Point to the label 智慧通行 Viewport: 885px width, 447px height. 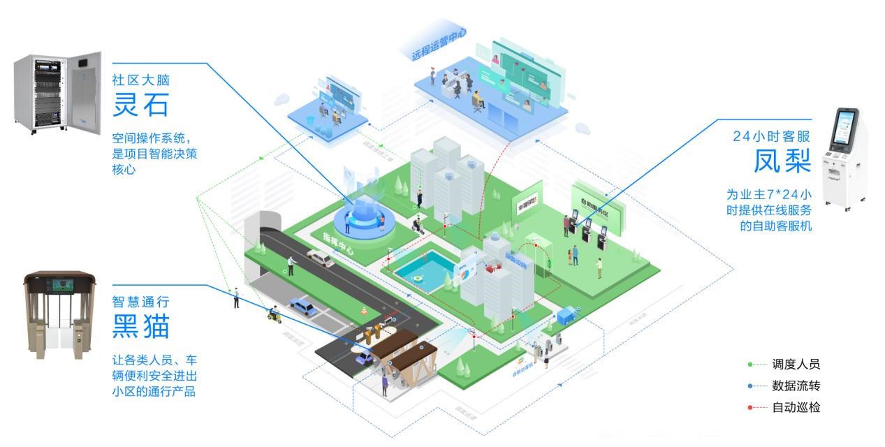(140, 302)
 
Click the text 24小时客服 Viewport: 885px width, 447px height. (772, 135)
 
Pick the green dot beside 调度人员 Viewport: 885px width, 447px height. (750, 364)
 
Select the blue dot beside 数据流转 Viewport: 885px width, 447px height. (750, 386)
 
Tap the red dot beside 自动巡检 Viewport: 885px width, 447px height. (750, 407)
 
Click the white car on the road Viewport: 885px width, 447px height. (319, 258)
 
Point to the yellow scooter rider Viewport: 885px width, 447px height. (273, 314)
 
